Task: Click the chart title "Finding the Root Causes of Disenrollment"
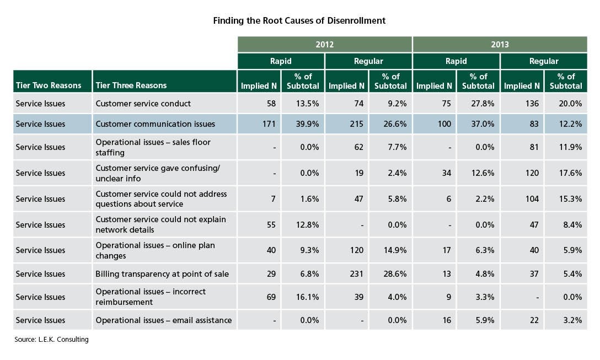tap(299, 20)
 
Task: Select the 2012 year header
tap(324, 44)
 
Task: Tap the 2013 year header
tap(500, 44)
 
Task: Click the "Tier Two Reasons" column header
tap(49, 85)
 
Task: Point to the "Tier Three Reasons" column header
tap(131, 85)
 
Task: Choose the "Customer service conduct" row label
tap(143, 104)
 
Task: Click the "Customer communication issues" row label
tap(156, 124)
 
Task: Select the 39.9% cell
tap(307, 124)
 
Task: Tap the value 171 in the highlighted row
tap(269, 124)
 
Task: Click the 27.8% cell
tap(483, 104)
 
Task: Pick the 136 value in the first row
tap(532, 104)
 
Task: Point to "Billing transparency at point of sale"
tap(162, 274)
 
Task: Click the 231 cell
tap(357, 274)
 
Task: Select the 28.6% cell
tap(395, 274)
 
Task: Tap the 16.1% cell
tap(307, 297)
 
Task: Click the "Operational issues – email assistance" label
tap(164, 320)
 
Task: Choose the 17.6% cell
tap(570, 173)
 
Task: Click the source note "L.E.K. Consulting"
tap(63, 340)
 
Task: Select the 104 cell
tap(532, 199)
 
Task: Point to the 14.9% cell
tap(395, 250)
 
